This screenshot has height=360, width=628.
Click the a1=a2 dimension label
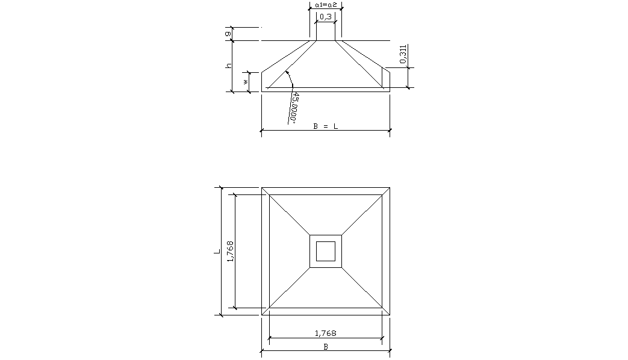pos(326,5)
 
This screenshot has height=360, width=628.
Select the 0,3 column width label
pos(326,17)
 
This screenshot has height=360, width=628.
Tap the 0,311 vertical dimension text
pos(403,54)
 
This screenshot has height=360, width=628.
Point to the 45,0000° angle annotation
pos(294,107)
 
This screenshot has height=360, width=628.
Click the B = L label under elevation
pos(326,126)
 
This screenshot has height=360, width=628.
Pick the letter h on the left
pos(228,66)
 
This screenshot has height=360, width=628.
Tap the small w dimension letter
pos(246,82)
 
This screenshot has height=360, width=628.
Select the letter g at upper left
pos(228,34)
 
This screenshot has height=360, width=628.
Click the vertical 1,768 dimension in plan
pos(230,252)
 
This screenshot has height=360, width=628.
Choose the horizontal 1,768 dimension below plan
pos(326,333)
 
